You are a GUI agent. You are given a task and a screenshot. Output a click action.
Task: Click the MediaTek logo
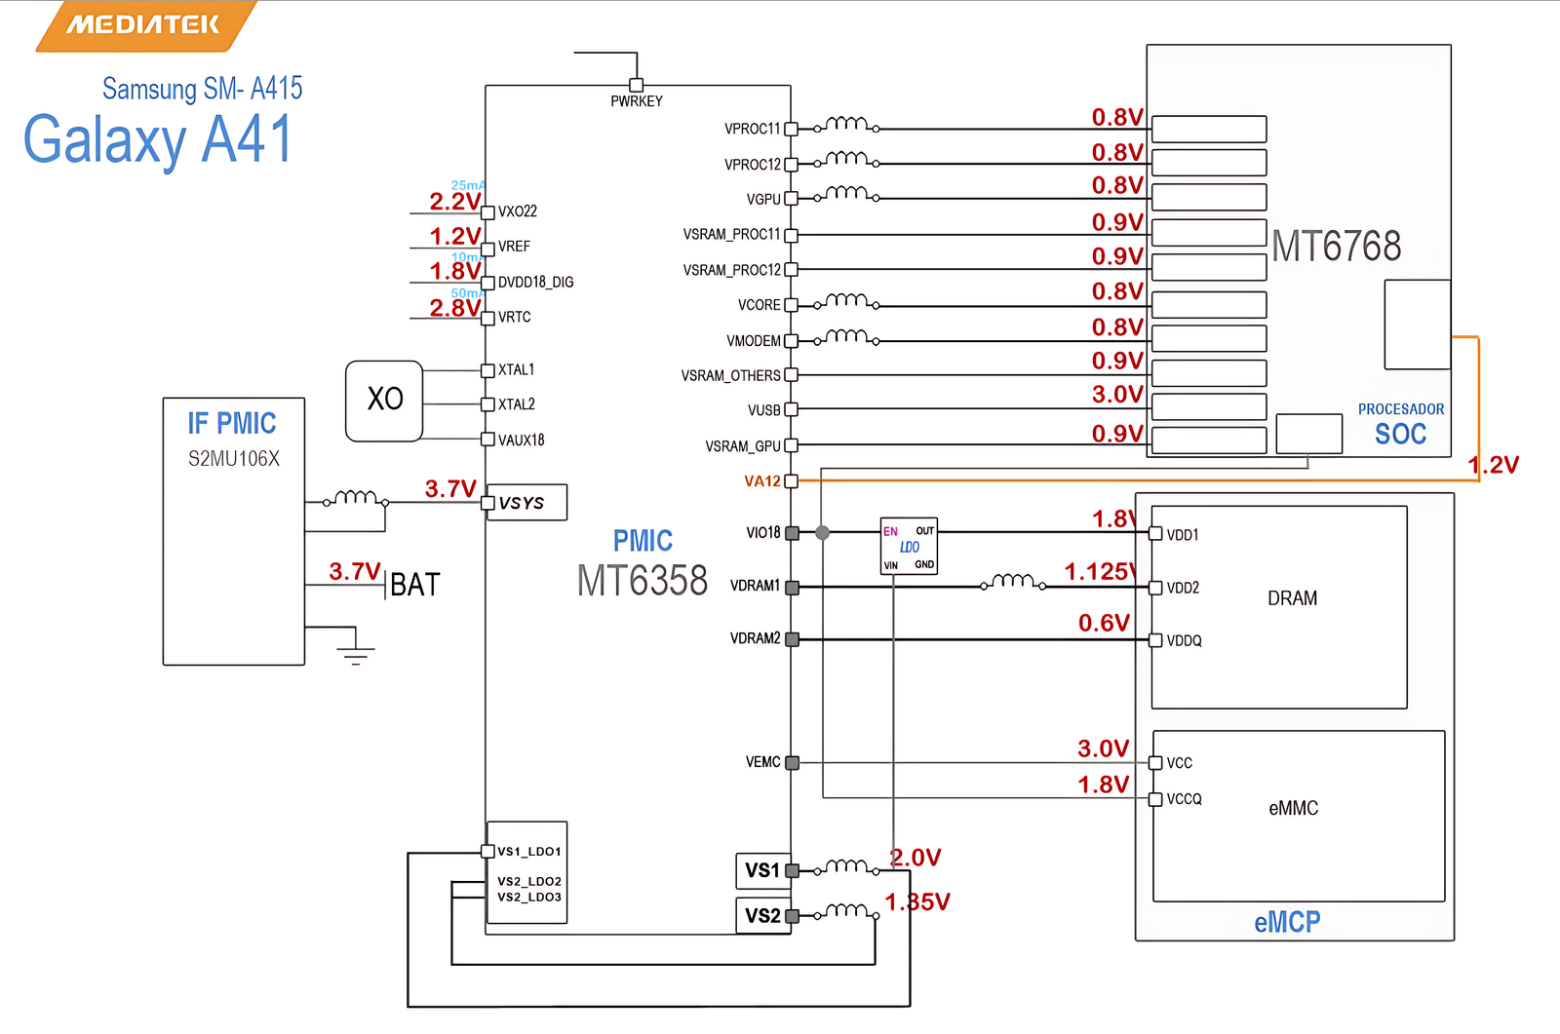point(144,25)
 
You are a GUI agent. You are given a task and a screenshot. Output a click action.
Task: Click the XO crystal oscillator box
point(384,401)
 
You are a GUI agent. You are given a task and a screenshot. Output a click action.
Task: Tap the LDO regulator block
point(909,546)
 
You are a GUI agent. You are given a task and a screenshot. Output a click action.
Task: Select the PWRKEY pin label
point(636,101)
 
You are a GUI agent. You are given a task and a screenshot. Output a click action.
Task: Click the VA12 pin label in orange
point(761,481)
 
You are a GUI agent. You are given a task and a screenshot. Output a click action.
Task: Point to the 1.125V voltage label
point(1100,572)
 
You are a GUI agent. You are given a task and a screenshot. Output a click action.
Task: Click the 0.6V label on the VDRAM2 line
point(1104,623)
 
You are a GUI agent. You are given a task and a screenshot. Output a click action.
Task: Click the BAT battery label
point(415,585)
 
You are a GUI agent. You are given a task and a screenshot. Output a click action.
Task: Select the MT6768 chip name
point(1336,247)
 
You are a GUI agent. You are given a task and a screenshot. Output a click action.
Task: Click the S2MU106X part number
point(234,459)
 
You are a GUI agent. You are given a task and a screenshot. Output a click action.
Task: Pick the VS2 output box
point(762,915)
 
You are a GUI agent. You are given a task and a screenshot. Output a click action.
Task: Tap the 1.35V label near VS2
point(916,902)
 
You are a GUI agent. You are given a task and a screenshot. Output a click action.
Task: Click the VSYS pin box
point(526,503)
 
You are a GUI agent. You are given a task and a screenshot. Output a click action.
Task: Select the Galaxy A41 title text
point(158,139)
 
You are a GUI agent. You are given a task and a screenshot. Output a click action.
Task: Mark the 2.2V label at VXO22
point(454,202)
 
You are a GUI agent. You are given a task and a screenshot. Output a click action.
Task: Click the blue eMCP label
point(1287,922)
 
